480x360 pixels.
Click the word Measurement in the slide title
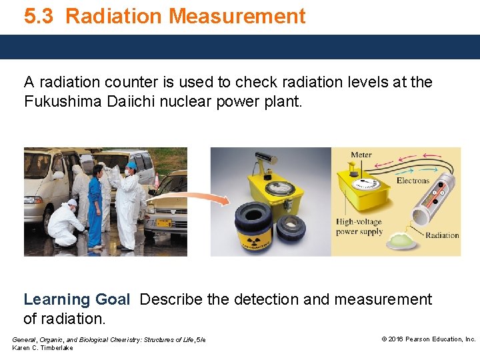(242, 16)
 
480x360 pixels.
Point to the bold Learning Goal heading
(77, 300)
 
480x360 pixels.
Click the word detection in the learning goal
(265, 300)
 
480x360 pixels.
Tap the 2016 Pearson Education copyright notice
(428, 339)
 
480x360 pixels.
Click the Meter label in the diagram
(361, 155)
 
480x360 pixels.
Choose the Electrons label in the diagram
(413, 180)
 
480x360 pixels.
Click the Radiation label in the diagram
(442, 235)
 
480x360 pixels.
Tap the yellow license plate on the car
(162, 224)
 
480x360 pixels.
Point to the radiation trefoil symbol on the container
(253, 241)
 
